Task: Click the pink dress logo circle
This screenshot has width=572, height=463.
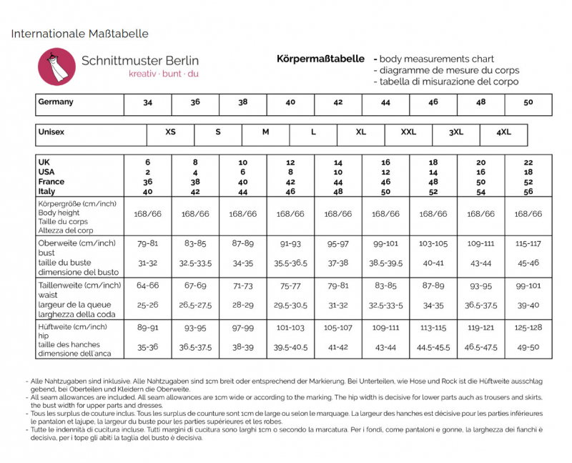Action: [56, 67]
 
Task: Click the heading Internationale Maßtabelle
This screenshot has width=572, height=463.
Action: [79, 34]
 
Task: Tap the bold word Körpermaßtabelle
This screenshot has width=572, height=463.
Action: [321, 59]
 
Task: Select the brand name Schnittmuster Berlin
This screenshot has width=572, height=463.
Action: [140, 61]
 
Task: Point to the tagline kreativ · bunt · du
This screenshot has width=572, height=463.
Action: [164, 74]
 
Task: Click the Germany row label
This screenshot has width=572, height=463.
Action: [56, 102]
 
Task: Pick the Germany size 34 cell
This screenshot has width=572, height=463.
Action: [147, 102]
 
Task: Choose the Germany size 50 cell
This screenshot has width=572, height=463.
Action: [528, 102]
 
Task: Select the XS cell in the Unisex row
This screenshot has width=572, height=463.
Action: [170, 132]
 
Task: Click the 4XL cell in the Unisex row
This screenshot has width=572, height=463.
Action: [504, 132]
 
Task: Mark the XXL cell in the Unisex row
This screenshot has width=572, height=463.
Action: [408, 132]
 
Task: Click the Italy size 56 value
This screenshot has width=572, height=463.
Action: [528, 191]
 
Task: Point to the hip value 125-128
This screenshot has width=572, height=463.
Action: [528, 328]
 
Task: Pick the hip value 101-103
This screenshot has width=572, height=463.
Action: [290, 328]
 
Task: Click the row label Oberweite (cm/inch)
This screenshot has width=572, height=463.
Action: [77, 243]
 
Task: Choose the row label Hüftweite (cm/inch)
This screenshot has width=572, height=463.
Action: [72, 327]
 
